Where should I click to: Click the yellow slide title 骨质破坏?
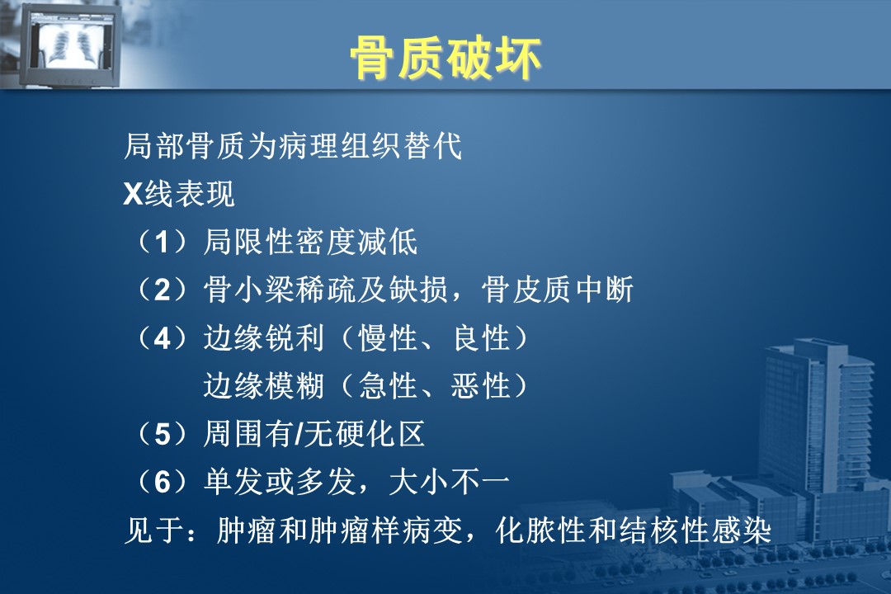[x=445, y=58]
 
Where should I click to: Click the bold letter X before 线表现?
[x=132, y=195]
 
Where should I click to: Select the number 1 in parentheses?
[x=162, y=243]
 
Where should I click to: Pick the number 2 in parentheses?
[x=162, y=290]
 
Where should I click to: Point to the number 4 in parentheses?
[x=162, y=339]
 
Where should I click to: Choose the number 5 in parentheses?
[x=162, y=435]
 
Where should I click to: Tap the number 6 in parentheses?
[x=162, y=483]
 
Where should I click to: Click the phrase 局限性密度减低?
[x=310, y=243]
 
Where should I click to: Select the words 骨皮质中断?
[x=558, y=290]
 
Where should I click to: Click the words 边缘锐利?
[x=264, y=338]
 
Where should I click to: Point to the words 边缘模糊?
[x=264, y=386]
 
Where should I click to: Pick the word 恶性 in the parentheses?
[x=481, y=386]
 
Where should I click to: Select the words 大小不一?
[x=450, y=482]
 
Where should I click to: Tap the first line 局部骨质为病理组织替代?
[x=293, y=146]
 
